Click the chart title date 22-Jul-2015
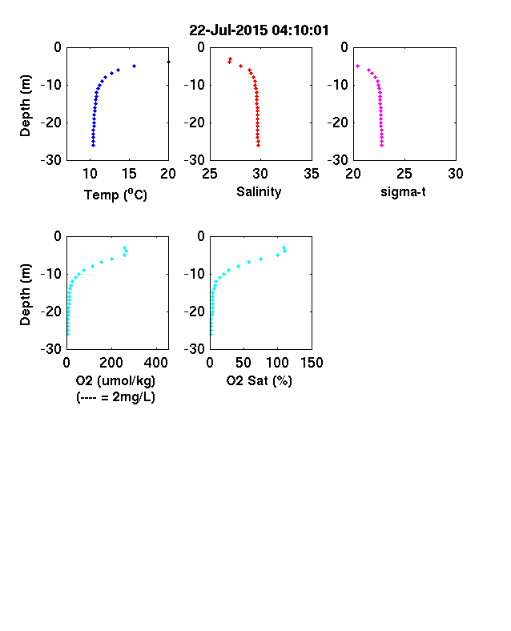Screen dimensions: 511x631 (x=228, y=30)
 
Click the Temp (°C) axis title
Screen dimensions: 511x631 (x=115, y=195)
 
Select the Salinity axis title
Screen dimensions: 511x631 (x=259, y=191)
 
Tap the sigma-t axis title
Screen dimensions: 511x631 (x=403, y=192)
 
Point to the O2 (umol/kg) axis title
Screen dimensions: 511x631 (x=115, y=380)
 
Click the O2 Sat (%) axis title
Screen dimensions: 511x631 (x=259, y=380)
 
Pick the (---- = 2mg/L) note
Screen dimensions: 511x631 (x=115, y=397)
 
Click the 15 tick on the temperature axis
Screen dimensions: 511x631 (x=129, y=174)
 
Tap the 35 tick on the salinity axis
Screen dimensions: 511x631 (x=312, y=174)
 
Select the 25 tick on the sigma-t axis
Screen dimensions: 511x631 (x=404, y=174)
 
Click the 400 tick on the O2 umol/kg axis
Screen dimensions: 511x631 (x=156, y=363)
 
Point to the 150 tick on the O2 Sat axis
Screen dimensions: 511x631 (x=312, y=363)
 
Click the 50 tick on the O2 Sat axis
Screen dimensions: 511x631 (x=243, y=363)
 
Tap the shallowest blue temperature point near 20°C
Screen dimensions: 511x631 (x=168, y=62)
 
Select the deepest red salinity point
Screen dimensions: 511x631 (x=259, y=145)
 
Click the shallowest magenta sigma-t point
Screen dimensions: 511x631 (x=357, y=66)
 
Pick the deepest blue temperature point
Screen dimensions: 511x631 (x=93, y=145)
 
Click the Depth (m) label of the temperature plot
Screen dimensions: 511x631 (x=25, y=106)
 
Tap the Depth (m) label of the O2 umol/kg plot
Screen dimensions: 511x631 (x=25, y=295)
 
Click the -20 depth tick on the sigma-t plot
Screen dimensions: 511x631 (x=337, y=123)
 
